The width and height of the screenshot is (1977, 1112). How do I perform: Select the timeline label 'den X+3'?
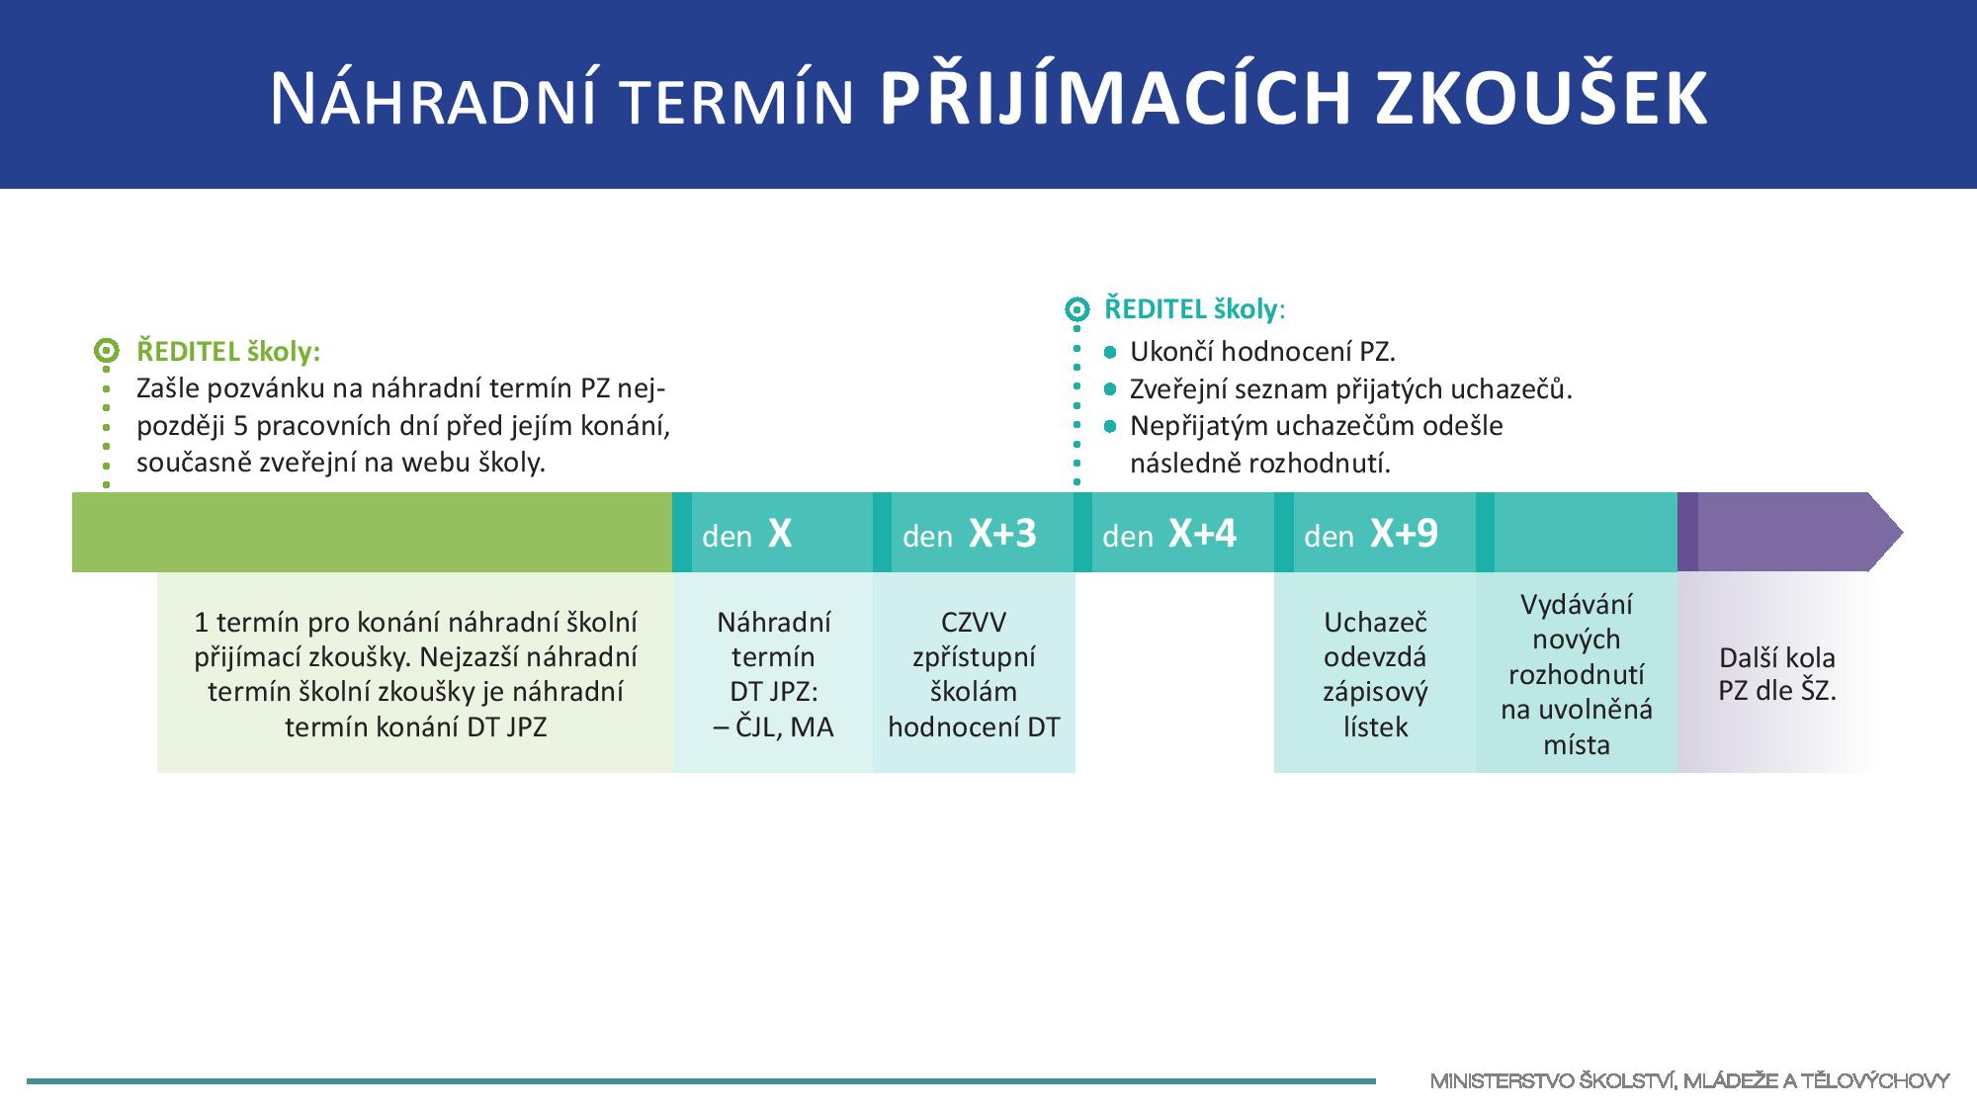[970, 534]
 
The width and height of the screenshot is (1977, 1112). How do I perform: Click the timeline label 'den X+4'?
[1169, 534]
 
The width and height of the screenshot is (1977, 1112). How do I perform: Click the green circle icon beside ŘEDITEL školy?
[107, 351]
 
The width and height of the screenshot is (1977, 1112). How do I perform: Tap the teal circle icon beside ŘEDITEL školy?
[1076, 309]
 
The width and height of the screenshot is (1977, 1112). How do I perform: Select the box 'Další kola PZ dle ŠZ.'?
[1775, 672]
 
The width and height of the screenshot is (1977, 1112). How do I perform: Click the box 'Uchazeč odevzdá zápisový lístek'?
[1375, 672]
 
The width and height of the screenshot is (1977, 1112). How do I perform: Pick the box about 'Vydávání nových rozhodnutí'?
[1577, 672]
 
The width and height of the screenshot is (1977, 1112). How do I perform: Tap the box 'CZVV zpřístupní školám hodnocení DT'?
[974, 672]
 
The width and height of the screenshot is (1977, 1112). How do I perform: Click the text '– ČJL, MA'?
[773, 727]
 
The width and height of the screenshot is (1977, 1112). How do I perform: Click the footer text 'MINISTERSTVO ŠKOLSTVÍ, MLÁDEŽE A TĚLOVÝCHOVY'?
[1689, 1081]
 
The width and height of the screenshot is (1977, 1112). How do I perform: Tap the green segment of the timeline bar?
[372, 533]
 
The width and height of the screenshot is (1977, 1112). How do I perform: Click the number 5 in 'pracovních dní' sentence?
[240, 426]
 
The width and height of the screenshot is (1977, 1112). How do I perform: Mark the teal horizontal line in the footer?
[701, 1081]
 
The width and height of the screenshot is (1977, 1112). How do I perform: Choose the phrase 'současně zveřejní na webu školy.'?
[341, 463]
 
